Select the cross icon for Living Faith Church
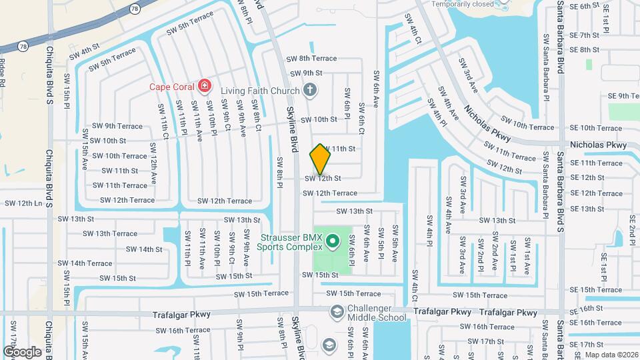point(309,89)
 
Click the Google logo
point(22,351)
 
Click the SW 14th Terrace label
point(89,263)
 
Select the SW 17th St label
point(485,341)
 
